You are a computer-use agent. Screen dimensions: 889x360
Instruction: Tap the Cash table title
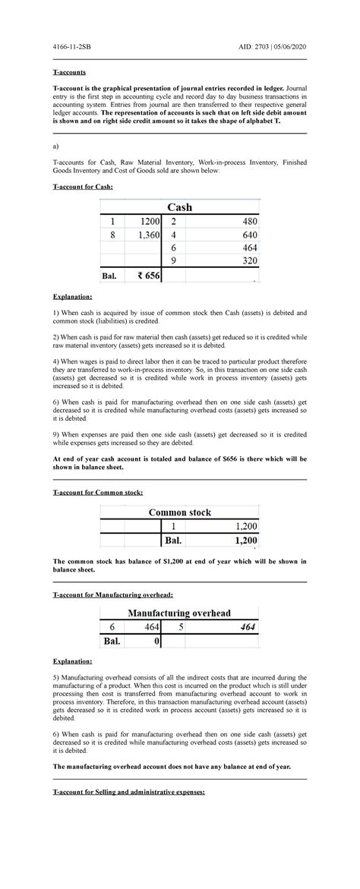tap(179, 206)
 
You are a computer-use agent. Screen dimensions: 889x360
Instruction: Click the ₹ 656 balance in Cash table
tap(148, 276)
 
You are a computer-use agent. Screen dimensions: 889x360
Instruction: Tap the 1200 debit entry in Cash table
tap(148, 221)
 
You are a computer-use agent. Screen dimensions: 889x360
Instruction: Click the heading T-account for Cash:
tap(82, 186)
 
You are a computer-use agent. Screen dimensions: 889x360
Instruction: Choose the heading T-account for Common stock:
tap(96, 493)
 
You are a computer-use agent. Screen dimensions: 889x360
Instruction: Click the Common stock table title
tap(180, 512)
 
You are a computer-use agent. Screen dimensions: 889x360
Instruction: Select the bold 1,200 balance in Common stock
tap(244, 541)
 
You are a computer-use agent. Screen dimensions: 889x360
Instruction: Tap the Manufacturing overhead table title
tap(179, 613)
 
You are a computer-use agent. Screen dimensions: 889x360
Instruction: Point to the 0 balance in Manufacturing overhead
tap(156, 642)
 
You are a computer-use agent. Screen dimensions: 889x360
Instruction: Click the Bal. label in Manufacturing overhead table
tap(112, 642)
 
